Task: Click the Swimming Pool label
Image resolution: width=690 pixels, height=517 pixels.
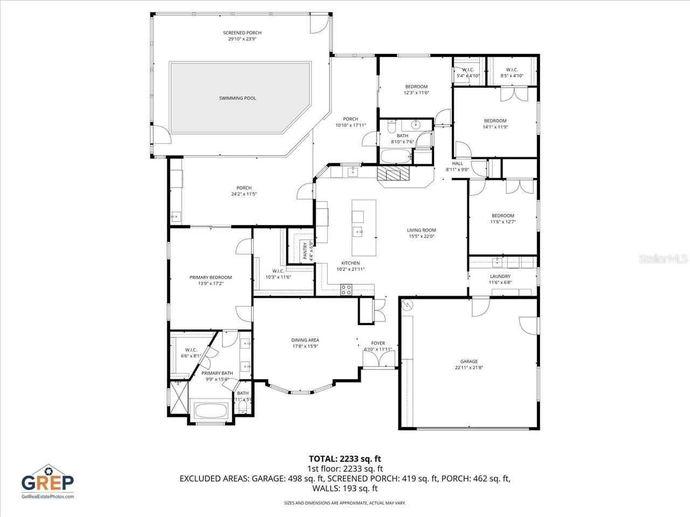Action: (x=237, y=98)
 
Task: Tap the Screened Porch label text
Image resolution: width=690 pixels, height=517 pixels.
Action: (x=242, y=33)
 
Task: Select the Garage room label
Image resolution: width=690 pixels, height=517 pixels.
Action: (x=468, y=361)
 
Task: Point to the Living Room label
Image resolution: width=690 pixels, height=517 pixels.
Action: (x=421, y=230)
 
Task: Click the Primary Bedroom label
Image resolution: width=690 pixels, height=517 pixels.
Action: (x=210, y=277)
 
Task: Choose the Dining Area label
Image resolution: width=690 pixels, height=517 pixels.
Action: (x=305, y=340)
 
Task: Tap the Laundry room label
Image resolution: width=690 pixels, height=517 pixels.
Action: (x=500, y=276)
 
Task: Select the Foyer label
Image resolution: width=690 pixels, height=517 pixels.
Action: (x=378, y=343)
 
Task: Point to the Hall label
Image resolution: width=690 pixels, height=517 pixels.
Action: (x=457, y=163)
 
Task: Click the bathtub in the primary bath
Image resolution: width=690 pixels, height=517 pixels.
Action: (x=210, y=411)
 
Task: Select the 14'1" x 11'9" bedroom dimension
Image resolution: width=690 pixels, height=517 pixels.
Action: (x=495, y=127)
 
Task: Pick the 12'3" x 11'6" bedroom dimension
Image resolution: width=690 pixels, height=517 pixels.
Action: (x=416, y=93)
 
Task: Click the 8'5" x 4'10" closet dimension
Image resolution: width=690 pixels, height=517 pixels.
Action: (x=512, y=76)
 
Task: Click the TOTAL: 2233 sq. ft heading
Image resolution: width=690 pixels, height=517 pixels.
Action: (x=344, y=459)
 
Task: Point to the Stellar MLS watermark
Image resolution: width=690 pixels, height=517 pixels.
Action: (x=663, y=259)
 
